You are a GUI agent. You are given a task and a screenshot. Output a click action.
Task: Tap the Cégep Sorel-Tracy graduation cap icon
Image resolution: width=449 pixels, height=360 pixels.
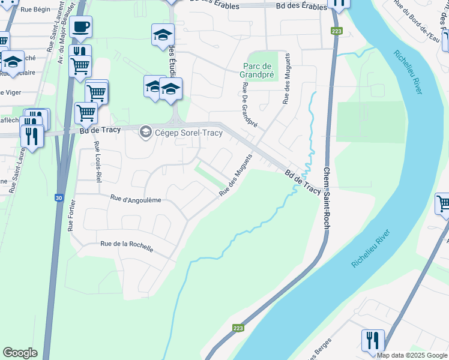click(x=145, y=131)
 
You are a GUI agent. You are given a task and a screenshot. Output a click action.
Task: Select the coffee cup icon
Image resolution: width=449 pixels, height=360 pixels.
click(x=80, y=26)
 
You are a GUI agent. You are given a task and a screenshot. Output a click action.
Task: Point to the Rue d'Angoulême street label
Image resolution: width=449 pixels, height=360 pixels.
click(x=136, y=199)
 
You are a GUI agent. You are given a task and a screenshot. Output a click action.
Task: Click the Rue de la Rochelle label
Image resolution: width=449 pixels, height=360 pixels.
click(x=127, y=245)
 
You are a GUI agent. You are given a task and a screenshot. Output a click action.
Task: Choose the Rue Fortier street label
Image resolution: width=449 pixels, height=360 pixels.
click(x=71, y=215)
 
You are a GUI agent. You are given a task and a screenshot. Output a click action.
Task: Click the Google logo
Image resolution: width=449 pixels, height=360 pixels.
click(x=20, y=353)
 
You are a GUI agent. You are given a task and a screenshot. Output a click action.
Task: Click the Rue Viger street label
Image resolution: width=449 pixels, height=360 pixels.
click(x=8, y=92)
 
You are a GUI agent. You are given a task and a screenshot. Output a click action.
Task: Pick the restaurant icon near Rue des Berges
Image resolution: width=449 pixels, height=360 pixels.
click(x=373, y=341)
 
